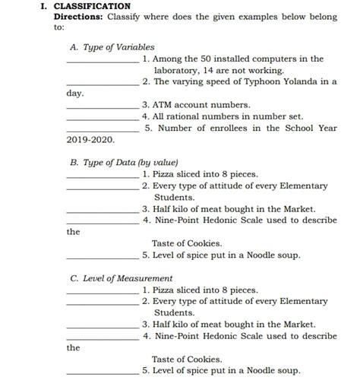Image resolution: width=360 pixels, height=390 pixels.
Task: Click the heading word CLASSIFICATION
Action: (92, 6)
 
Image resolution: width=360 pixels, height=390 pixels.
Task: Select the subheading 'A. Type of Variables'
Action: (112, 47)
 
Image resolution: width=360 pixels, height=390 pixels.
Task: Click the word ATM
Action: (162, 105)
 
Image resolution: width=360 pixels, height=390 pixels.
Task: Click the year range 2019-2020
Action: (90, 140)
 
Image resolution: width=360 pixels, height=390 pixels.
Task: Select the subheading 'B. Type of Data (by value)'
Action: (124, 162)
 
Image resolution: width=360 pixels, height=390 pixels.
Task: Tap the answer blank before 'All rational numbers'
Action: (103, 119)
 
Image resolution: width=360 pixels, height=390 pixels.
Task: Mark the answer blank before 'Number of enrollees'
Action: (103, 130)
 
